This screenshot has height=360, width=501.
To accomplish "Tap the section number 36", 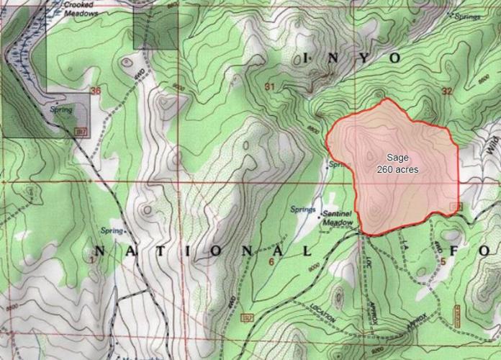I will coord(96,91).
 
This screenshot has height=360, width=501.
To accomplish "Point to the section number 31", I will coord(270,87).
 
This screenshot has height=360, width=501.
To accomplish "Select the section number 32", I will coord(447,91).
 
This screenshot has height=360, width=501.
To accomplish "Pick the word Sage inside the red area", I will coord(397,158).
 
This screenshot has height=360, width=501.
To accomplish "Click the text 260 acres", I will coord(397,169).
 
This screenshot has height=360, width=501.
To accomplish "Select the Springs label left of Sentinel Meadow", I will coord(303,210).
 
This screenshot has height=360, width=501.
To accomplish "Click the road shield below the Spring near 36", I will coord(81,130).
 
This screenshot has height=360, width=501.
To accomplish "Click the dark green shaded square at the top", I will coord(155,29).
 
